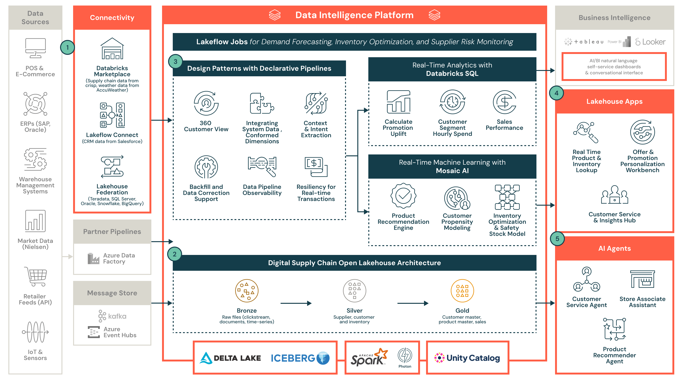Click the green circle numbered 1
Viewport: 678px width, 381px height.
point(67,48)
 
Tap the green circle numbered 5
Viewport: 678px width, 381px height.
point(557,239)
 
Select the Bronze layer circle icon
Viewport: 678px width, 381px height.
point(247,291)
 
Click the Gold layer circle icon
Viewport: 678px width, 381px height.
point(462,291)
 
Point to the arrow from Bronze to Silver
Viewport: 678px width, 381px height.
point(296,304)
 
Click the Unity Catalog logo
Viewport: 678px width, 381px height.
point(467,358)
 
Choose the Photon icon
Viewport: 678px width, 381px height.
point(405,355)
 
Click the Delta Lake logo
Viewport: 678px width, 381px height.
point(230,358)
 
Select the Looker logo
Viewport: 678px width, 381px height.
point(650,42)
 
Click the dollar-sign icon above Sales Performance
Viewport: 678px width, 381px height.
point(504,102)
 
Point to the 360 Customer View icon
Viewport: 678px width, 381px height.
point(206,103)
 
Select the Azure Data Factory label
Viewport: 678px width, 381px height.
point(119,258)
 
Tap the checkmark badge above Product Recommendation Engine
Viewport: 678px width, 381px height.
point(403,196)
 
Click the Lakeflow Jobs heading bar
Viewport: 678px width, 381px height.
point(354,42)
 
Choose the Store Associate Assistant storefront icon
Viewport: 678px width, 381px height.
point(642,279)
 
